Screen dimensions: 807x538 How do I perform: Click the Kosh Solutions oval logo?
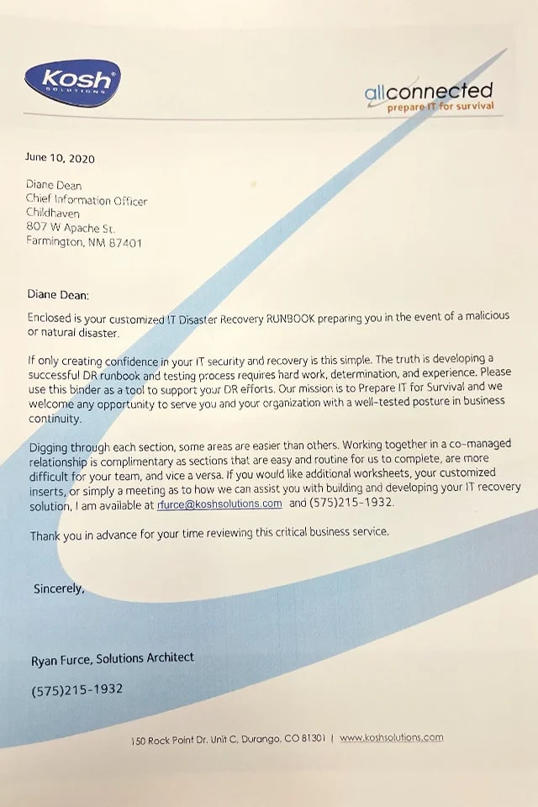[x=72, y=83]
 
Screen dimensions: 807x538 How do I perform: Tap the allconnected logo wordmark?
[x=429, y=91]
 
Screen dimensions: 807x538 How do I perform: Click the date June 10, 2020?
[x=60, y=158]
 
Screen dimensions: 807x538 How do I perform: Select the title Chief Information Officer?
[x=87, y=201]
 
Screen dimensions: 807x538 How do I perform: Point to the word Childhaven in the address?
[x=53, y=214]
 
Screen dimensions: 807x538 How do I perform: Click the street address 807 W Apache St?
[x=71, y=229]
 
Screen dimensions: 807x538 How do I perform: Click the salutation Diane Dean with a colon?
[x=57, y=295]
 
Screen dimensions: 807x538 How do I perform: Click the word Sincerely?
[x=59, y=588]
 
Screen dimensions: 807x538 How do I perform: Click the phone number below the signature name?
[x=76, y=690]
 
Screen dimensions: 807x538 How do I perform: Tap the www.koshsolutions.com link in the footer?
[x=391, y=738]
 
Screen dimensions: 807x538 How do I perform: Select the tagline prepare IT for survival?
[x=440, y=108]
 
